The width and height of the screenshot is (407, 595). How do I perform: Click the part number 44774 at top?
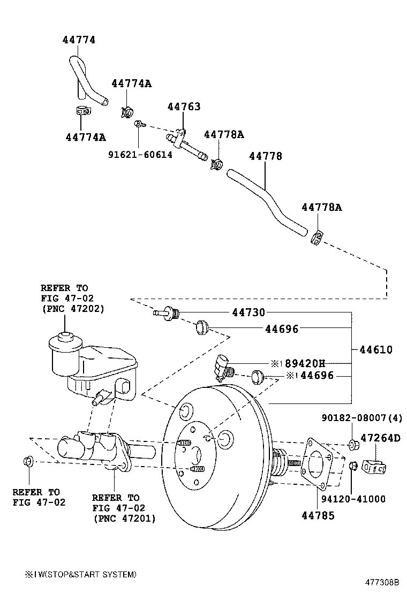79,40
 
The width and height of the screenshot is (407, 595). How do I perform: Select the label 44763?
184,106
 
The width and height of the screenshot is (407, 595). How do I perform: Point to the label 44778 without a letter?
266,156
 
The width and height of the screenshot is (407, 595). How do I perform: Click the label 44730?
248,313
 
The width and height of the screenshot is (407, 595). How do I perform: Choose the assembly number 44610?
375,350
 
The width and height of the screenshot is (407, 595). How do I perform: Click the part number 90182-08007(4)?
361,417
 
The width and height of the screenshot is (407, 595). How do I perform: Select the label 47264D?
380,438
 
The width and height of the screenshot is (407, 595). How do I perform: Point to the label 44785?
318,515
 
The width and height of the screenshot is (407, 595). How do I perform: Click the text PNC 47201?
124,518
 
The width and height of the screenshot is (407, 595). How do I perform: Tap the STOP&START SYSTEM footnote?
80,574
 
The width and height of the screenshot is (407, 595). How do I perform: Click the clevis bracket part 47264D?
374,466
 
